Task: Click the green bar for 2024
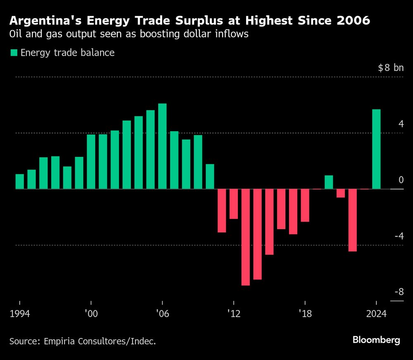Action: (376, 149)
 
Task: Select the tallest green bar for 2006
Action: (162, 146)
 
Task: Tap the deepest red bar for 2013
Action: (246, 237)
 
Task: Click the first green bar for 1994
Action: (20, 181)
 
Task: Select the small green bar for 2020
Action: (329, 182)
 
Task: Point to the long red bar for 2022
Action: (352, 220)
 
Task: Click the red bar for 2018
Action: (305, 205)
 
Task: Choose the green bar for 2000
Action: (91, 161)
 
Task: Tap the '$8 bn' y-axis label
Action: (390, 68)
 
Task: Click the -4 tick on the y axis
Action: (399, 236)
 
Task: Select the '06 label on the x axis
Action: (162, 314)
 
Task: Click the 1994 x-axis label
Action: (20, 314)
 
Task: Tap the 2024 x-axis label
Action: (376, 314)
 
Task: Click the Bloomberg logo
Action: (376, 340)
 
